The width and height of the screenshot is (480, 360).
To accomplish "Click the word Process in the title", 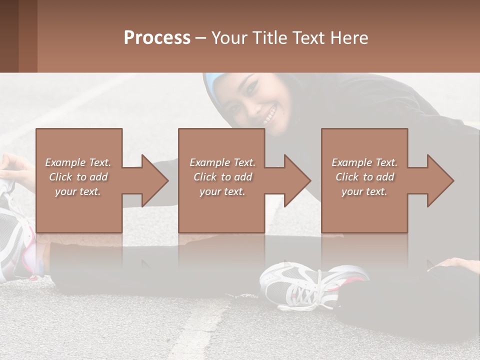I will click(157, 38).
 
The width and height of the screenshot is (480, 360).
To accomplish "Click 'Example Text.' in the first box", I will click(78, 162).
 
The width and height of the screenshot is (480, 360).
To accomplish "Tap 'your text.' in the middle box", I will click(222, 191).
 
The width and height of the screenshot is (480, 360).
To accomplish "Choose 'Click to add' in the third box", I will click(364, 177).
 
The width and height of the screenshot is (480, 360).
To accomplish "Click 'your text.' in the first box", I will click(78, 191).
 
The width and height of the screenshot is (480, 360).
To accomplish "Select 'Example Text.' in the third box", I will click(364, 162).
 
